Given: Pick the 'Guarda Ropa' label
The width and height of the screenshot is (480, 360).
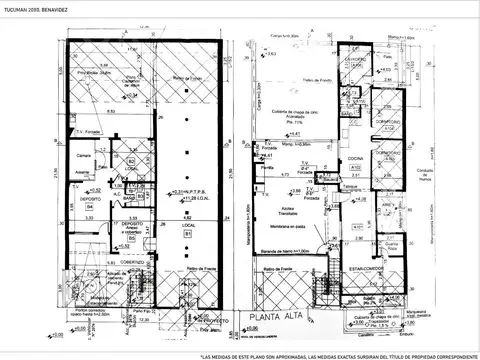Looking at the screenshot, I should coord(391,246).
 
